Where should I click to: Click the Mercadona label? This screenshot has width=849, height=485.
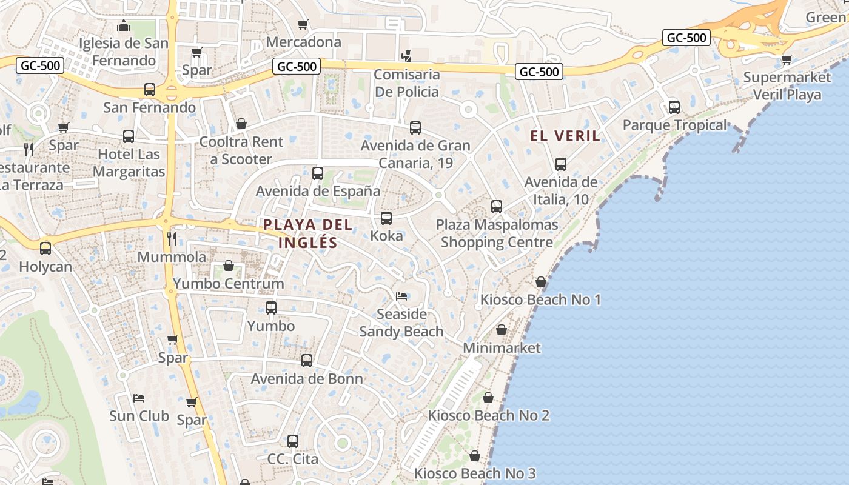pyautogui.click(x=303, y=42)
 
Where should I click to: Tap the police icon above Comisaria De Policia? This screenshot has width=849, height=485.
pyautogui.click(x=406, y=56)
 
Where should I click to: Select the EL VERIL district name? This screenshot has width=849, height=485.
pyautogui.click(x=565, y=136)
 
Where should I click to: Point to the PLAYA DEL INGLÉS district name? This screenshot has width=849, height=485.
pyautogui.click(x=308, y=233)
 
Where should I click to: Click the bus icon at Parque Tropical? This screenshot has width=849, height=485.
pyautogui.click(x=674, y=107)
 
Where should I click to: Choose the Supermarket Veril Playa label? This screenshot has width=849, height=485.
pyautogui.click(x=787, y=86)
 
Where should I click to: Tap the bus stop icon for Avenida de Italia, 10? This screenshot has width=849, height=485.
pyautogui.click(x=561, y=164)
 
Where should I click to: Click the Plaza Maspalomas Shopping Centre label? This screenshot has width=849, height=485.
pyautogui.click(x=497, y=233)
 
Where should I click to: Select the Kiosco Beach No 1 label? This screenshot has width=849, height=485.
pyautogui.click(x=540, y=299)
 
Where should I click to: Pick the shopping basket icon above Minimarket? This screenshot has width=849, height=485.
pyautogui.click(x=502, y=330)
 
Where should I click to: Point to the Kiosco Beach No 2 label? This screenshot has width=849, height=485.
pyautogui.click(x=488, y=415)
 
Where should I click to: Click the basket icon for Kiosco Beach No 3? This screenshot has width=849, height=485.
pyautogui.click(x=475, y=455)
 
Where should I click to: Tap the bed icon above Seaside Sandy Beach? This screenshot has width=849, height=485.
pyautogui.click(x=401, y=296)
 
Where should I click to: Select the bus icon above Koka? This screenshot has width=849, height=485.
pyautogui.click(x=386, y=218)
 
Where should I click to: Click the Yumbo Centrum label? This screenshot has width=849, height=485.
pyautogui.click(x=228, y=283)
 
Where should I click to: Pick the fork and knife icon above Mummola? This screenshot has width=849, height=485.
pyautogui.click(x=172, y=239)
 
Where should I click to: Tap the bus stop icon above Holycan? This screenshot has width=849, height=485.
pyautogui.click(x=45, y=249)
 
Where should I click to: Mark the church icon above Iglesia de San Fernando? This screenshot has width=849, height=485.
pyautogui.click(x=124, y=26)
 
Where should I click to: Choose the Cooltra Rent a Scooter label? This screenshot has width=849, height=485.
pyautogui.click(x=241, y=151)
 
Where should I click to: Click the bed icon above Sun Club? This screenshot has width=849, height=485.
pyautogui.click(x=139, y=398)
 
